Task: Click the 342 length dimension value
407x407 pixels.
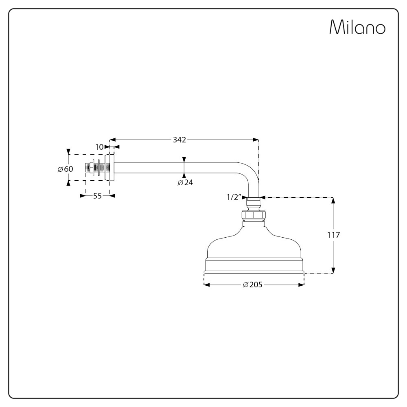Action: [x=179, y=140]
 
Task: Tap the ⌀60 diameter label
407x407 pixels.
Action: [x=65, y=169]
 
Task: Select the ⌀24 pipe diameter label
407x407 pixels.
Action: [x=185, y=183]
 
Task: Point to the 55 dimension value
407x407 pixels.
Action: [x=97, y=196]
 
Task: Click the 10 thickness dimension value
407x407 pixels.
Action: [x=99, y=147]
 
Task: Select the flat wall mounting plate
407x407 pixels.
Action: [x=112, y=168]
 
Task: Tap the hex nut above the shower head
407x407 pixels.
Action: [x=254, y=215]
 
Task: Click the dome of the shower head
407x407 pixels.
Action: [x=254, y=244]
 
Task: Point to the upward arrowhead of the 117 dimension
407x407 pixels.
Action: [x=333, y=200]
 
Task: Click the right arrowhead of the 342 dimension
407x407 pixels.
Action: [x=256, y=140]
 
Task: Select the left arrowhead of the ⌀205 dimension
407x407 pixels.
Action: [x=206, y=285]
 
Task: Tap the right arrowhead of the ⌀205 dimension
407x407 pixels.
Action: [x=302, y=285]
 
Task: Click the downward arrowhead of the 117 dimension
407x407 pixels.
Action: [x=333, y=270]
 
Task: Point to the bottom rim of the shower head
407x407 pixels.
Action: [x=254, y=271]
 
